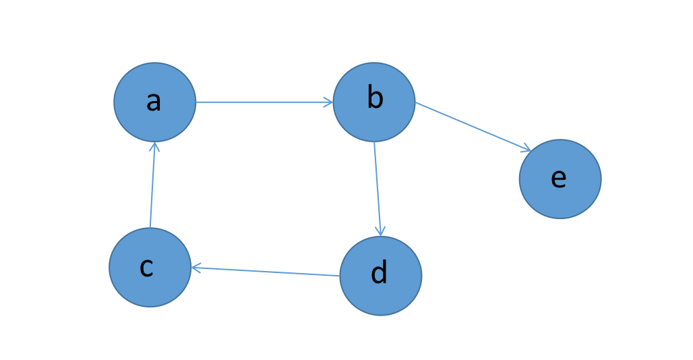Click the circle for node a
pyautogui.click(x=154, y=102)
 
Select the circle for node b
pyautogui.click(x=374, y=102)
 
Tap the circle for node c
pyautogui.click(x=150, y=267)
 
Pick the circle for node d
pyautogui.click(x=381, y=276)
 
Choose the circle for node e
pyautogui.click(x=560, y=179)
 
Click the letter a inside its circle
pyautogui.click(x=153, y=102)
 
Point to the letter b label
pyautogui.click(x=375, y=98)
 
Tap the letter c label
pyautogui.click(x=146, y=267)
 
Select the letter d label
pyautogui.click(x=380, y=272)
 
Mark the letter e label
pyautogui.click(x=559, y=179)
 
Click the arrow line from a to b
pyautogui.click(x=264, y=102)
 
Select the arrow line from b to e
pyautogui.click(x=473, y=127)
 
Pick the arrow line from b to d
pyautogui.click(x=378, y=189)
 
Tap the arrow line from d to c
pyautogui.click(x=265, y=272)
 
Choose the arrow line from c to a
pyautogui.click(x=152, y=185)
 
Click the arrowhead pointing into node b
pyautogui.click(x=329, y=102)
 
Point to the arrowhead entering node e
pyautogui.click(x=526, y=148)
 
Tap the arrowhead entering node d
pyautogui.click(x=380, y=231)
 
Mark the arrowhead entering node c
pyautogui.click(x=196, y=268)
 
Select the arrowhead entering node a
pyautogui.click(x=154, y=147)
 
